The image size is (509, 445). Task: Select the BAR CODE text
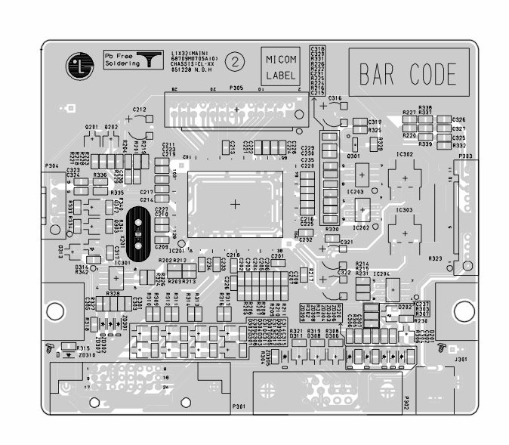409,75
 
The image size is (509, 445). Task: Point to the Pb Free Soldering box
133,61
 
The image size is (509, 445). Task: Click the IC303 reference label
404,209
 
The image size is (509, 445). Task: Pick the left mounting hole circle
54,310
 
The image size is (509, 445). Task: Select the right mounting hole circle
459,310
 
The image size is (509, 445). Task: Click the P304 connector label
52,165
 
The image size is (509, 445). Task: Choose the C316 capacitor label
335,99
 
